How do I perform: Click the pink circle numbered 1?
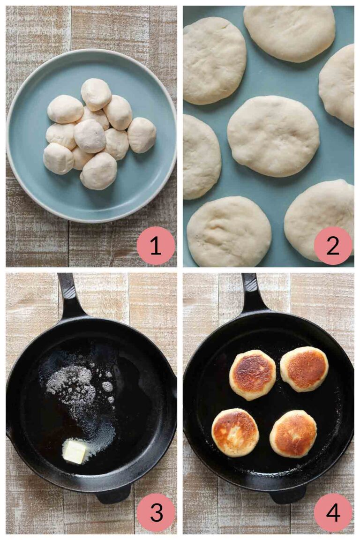pyautogui.click(x=156, y=246)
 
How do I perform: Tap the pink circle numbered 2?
pyautogui.click(x=333, y=246)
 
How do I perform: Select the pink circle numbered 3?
pyautogui.click(x=156, y=512)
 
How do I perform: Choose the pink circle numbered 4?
pyautogui.click(x=333, y=512)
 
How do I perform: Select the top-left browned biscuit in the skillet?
pyautogui.click(x=252, y=375)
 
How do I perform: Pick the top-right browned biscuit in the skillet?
pyautogui.click(x=304, y=369)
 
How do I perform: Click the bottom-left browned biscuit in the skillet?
pyautogui.click(x=235, y=432)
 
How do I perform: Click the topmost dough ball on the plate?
pyautogui.click(x=96, y=94)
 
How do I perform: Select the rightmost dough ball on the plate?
pyautogui.click(x=142, y=135)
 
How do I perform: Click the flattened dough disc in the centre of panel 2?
pyautogui.click(x=273, y=136)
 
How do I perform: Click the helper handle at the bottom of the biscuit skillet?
pyautogui.click(x=288, y=494)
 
